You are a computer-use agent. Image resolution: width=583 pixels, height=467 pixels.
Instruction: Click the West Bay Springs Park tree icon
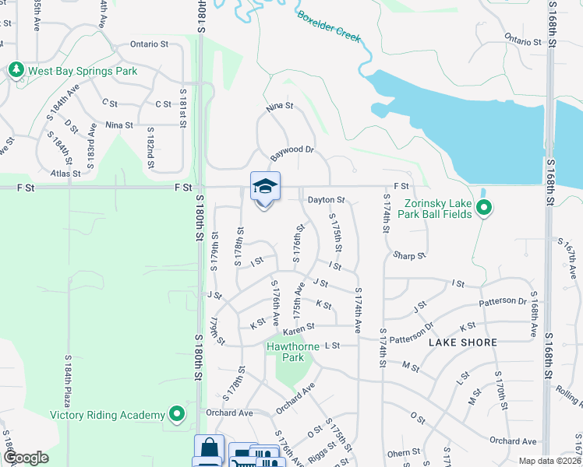pos(16,71)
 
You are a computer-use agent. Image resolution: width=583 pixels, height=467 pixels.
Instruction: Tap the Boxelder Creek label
pos(329,25)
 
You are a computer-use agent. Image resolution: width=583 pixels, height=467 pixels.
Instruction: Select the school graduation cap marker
pos(265,187)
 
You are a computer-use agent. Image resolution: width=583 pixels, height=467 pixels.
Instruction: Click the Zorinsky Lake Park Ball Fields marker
pos(484,208)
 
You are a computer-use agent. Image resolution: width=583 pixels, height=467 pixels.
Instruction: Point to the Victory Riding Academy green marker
pos(178,415)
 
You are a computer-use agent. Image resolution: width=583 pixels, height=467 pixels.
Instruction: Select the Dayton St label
pos(326,200)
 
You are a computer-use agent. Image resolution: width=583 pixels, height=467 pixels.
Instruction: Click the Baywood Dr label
pos(291,150)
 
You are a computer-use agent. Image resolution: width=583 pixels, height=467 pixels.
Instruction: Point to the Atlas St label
pos(65,174)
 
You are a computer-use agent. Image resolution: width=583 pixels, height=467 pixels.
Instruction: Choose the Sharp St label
pos(409,255)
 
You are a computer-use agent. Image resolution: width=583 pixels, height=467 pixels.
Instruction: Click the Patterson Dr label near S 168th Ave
pos(508,300)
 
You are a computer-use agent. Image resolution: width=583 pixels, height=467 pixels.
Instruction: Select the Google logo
pos(25,458)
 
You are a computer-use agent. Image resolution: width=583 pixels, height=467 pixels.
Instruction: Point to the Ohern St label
pos(403,452)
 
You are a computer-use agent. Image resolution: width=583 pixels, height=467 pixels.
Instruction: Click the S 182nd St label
pos(150,148)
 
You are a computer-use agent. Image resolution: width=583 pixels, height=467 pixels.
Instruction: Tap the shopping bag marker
pos(209,448)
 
